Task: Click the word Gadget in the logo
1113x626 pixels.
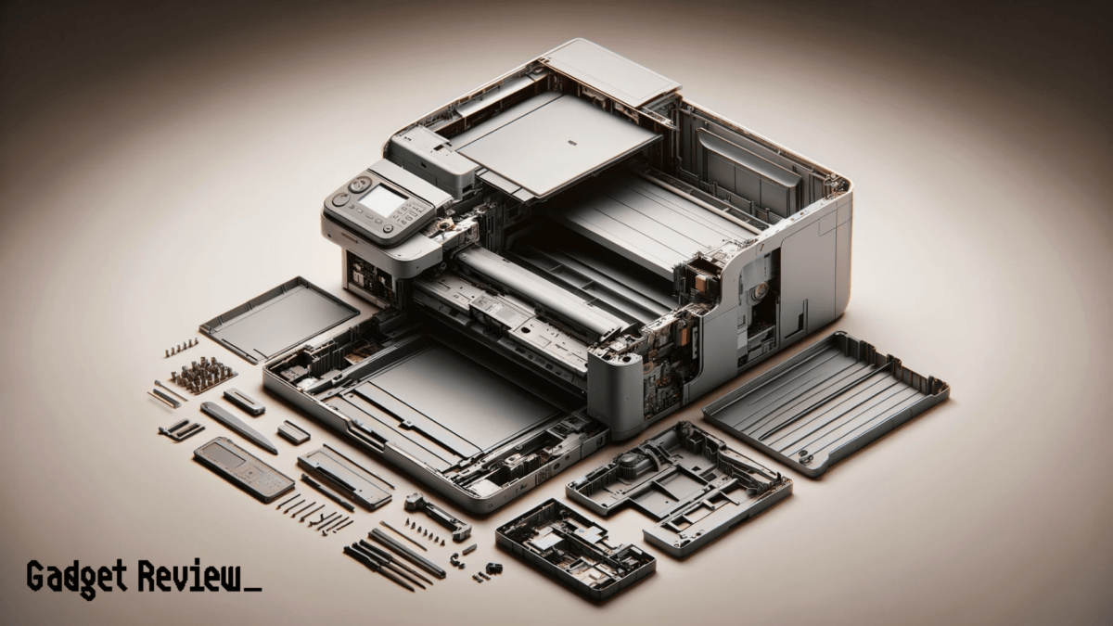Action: click(78, 577)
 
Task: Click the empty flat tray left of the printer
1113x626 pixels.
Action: click(278, 318)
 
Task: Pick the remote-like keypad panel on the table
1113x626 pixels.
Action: click(244, 469)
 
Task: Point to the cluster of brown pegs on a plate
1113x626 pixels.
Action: click(202, 375)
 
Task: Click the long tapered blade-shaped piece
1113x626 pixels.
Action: click(238, 427)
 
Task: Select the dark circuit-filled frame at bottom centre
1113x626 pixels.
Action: click(574, 546)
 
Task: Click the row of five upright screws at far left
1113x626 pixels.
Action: click(181, 348)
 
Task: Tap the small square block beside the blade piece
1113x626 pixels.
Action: click(293, 431)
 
